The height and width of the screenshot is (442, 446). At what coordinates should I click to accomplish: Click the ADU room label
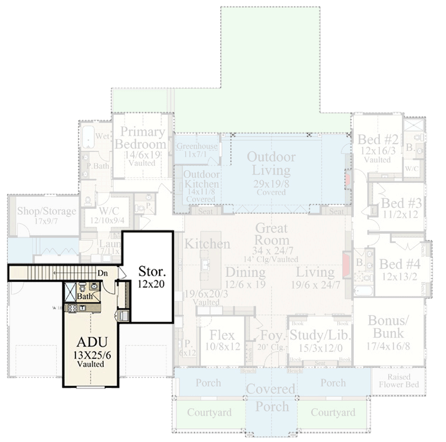tap(92, 340)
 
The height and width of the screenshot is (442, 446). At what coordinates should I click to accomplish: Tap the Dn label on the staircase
tap(102, 273)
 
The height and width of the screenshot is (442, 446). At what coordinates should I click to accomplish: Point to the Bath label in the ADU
tap(84, 297)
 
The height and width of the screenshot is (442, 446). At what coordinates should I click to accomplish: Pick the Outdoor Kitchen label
tap(201, 179)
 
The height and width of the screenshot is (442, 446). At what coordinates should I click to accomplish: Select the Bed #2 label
tap(378, 139)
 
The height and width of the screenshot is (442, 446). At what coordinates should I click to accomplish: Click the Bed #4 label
tap(397, 264)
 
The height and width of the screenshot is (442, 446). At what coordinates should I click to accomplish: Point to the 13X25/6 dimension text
tap(92, 355)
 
